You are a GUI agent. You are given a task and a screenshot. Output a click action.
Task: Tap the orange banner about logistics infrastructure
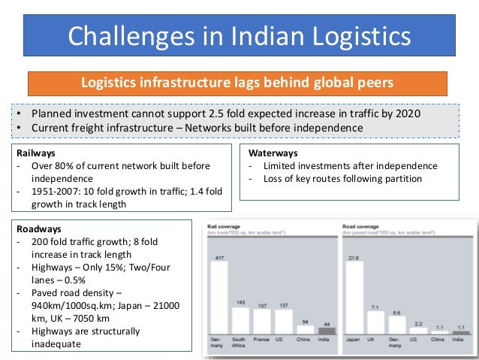coord(237,83)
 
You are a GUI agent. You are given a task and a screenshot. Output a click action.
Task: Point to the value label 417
coord(219,258)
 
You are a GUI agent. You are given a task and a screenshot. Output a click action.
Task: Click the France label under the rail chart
coord(261,340)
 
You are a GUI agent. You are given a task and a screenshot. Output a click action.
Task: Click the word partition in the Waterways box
coord(402,179)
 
